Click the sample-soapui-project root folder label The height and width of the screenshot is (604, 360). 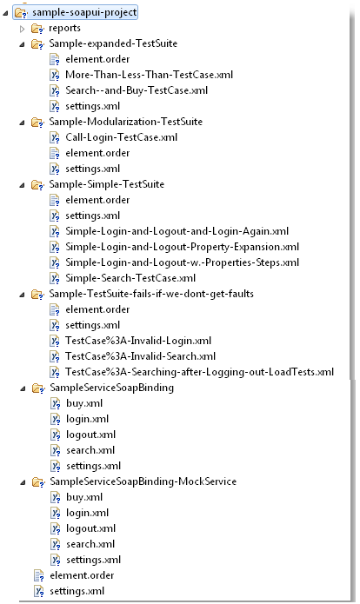point(84,12)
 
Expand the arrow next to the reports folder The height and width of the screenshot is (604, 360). point(23,29)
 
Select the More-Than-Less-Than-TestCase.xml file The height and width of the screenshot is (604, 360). point(150,75)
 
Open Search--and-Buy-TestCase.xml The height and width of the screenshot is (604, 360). point(137,90)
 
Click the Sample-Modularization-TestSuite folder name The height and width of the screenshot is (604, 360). point(126,122)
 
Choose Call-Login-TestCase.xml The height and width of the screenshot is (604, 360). point(122,137)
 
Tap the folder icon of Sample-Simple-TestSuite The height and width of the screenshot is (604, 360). point(37,185)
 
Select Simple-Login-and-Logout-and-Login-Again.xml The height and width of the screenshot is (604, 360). point(177,231)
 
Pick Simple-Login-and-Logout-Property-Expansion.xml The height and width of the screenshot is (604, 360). point(183,247)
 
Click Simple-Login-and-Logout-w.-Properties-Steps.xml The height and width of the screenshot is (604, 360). point(183,262)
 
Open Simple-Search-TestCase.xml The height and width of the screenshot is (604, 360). point(130,278)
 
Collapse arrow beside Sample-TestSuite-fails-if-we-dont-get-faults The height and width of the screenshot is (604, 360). point(23,295)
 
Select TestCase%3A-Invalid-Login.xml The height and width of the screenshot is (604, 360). point(138,341)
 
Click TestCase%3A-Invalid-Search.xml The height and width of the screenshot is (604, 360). point(140,356)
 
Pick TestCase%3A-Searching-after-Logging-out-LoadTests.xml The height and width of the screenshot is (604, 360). point(200,372)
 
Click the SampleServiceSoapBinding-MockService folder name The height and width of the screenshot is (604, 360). point(143,481)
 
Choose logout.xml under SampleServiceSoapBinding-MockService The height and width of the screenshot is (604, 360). point(91,528)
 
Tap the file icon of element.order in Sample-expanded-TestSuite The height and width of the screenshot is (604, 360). point(55,59)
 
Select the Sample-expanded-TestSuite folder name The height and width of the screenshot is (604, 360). point(113,43)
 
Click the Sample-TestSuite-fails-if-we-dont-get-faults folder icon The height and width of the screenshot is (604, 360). point(37,295)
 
